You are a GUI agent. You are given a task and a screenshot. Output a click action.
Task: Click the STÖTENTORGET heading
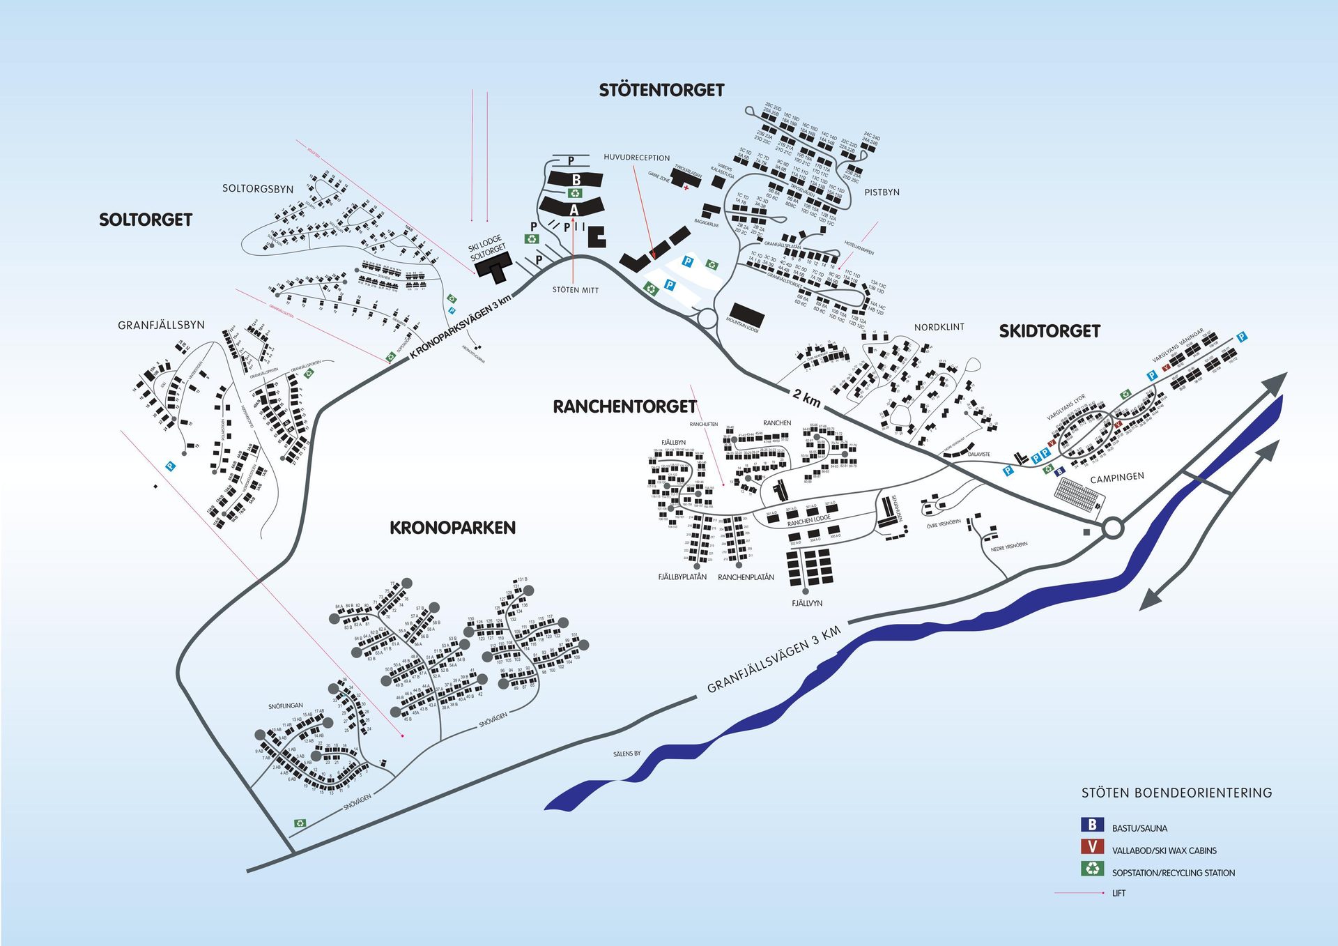(x=661, y=90)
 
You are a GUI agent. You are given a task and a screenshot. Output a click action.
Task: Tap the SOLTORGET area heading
(x=145, y=220)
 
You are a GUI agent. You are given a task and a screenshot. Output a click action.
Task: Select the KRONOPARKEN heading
(x=452, y=528)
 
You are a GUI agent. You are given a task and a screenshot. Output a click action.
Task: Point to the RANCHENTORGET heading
(x=624, y=406)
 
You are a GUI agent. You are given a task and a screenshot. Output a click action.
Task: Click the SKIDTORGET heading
(x=1049, y=331)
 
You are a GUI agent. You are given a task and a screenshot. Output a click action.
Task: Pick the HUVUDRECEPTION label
(x=636, y=158)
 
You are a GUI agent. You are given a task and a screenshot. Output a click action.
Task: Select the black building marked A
(x=573, y=208)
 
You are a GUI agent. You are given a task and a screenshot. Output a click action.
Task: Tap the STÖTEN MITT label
(x=575, y=290)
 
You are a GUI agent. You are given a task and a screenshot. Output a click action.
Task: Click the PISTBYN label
(x=882, y=192)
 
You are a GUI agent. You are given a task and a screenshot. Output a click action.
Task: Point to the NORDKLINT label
(x=939, y=327)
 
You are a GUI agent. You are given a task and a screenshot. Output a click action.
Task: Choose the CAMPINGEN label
(x=1116, y=478)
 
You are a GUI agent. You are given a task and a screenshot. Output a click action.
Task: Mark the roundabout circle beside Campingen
(x=1112, y=528)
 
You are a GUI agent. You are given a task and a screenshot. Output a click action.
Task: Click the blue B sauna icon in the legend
(x=1092, y=825)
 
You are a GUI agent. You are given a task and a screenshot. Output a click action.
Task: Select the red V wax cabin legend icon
(x=1092, y=847)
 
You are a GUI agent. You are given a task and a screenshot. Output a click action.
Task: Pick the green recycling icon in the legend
(x=1092, y=869)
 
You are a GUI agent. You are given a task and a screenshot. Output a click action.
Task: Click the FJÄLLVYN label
(x=806, y=603)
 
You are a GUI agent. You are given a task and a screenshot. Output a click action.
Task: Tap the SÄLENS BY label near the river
(x=626, y=754)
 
